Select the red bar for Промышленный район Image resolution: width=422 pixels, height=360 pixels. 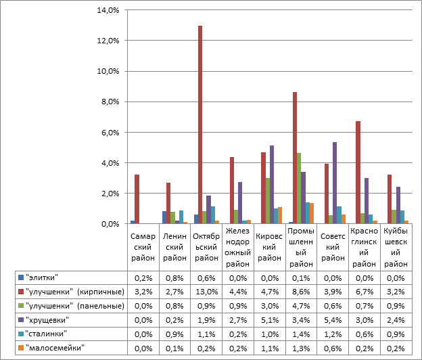tap(295, 158)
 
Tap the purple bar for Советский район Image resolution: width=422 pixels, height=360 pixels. tap(334, 183)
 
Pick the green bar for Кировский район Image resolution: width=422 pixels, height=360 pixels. tap(268, 201)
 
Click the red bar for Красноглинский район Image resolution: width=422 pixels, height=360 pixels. tap(358, 173)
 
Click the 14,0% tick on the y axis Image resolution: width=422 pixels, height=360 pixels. tap(109, 10)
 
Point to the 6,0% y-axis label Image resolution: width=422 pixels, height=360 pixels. tap(110, 133)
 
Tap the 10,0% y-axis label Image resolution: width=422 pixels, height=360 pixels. tap(109, 71)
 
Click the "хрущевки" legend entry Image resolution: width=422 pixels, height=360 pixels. tap(48, 319)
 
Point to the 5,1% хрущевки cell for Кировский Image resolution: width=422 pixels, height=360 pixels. tap(268, 319)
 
